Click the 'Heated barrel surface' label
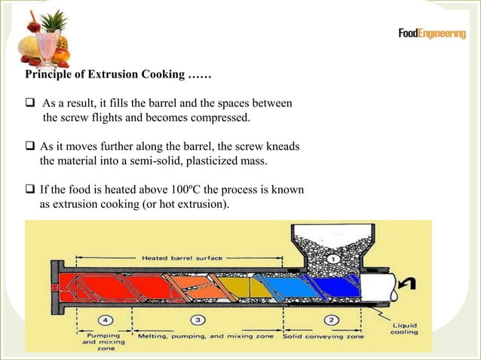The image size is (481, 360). (182, 258)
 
